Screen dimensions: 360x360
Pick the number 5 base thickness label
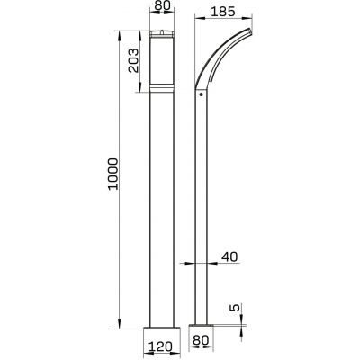pos(234,309)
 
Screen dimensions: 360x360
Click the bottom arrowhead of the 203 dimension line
pos(138,91)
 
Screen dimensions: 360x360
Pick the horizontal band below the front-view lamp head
pos(163,90)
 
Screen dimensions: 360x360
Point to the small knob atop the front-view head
pos(163,31)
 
